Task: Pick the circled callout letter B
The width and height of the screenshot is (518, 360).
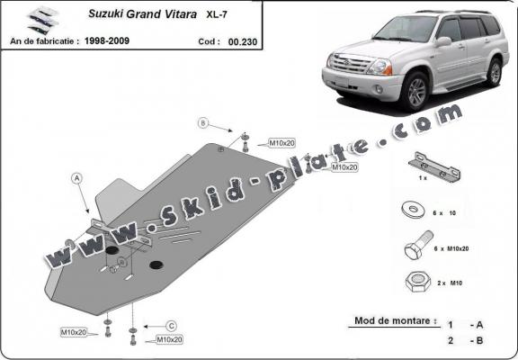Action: [x=203, y=122]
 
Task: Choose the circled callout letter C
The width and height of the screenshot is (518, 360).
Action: [x=170, y=325]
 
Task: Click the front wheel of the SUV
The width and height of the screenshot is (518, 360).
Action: [x=415, y=92]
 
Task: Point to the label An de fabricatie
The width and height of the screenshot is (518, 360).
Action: [x=45, y=41]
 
